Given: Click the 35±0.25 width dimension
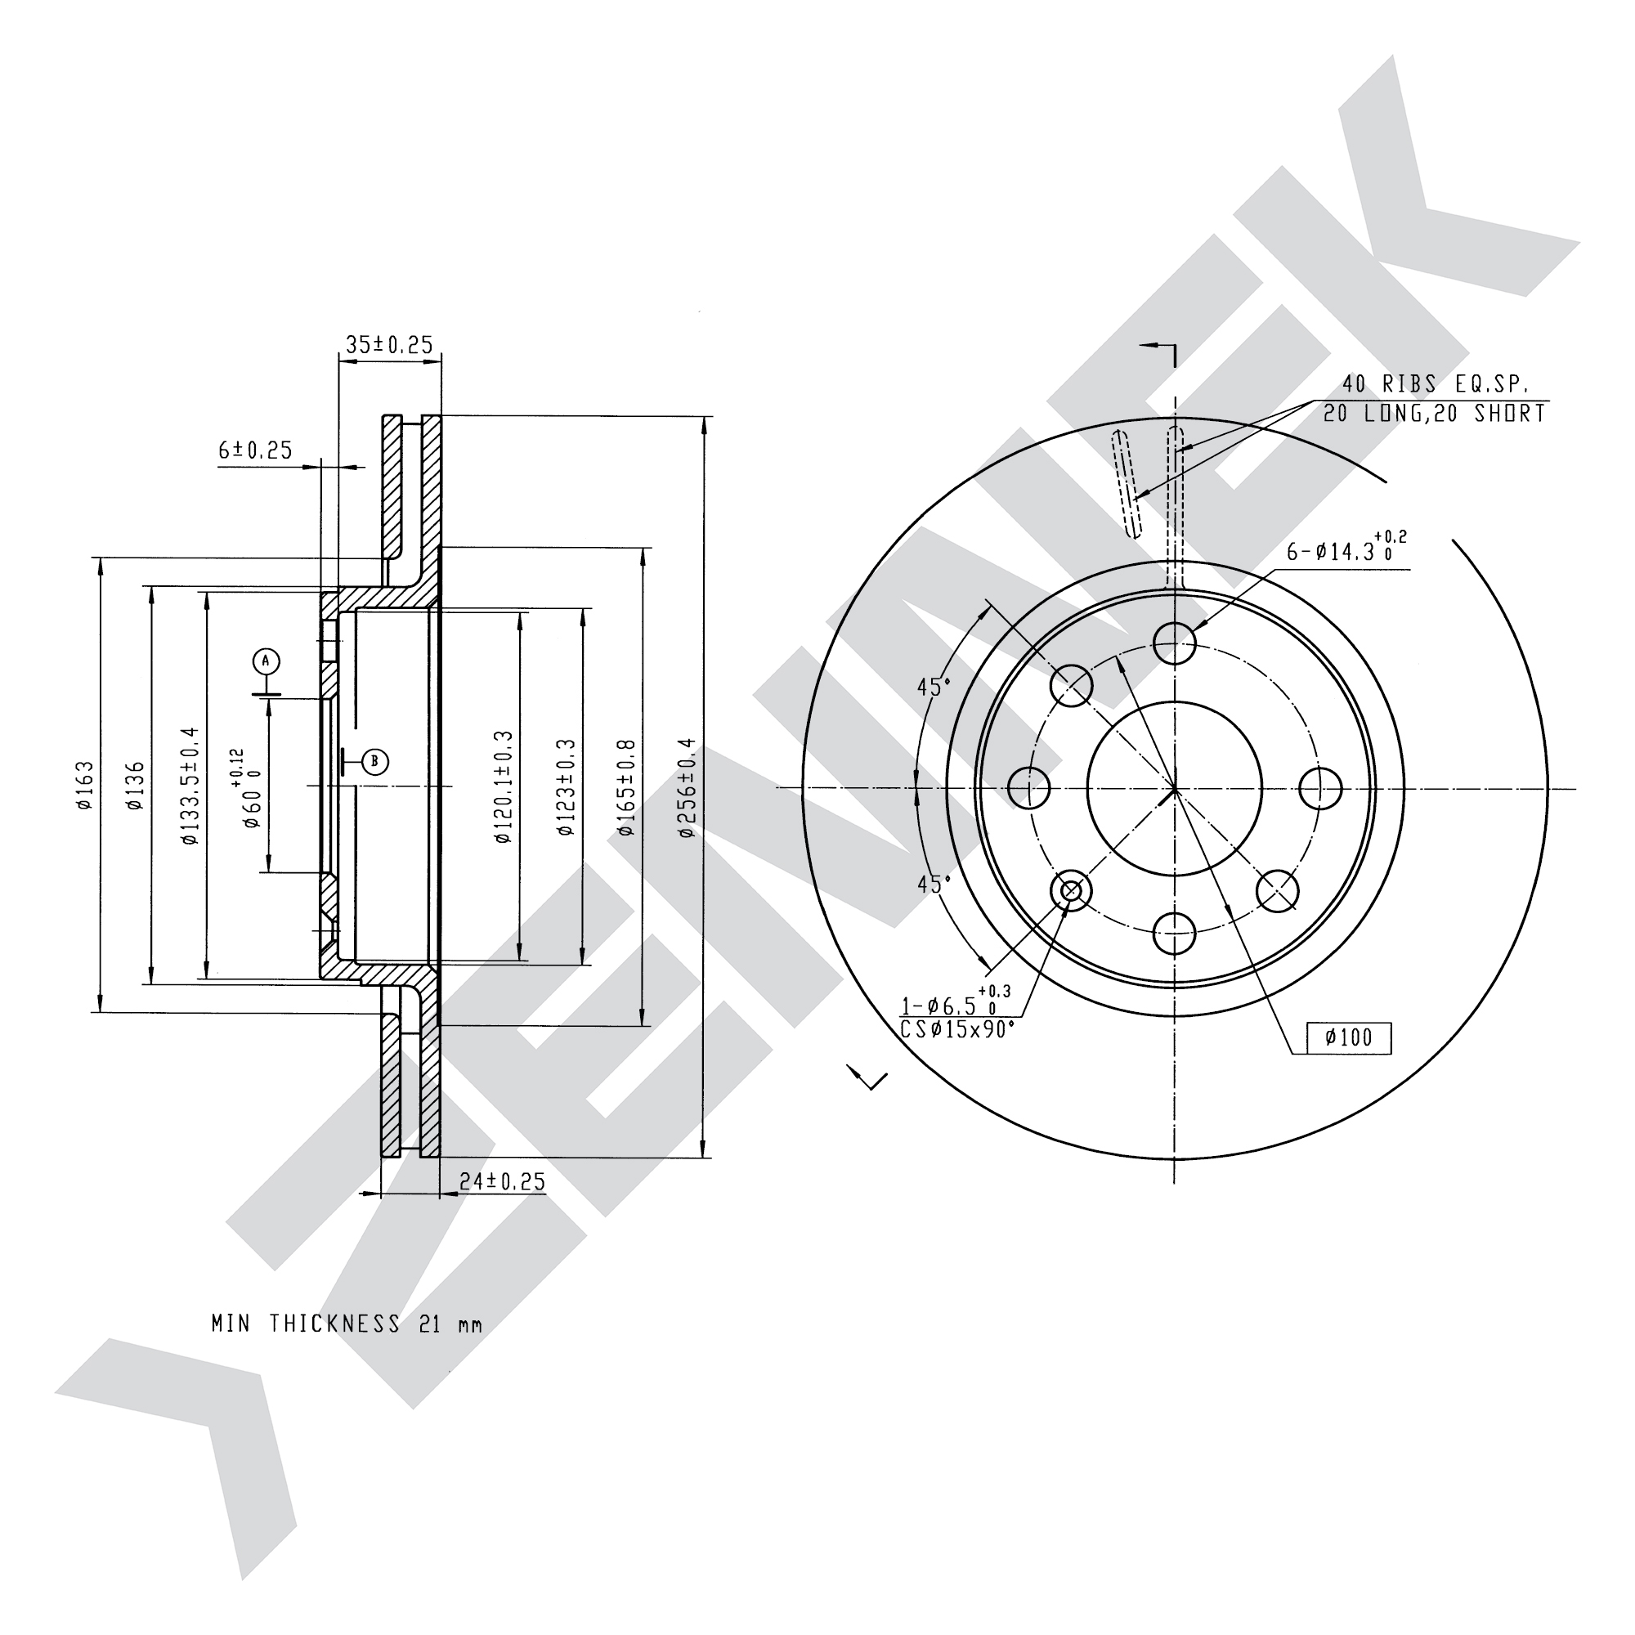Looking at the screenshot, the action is (389, 344).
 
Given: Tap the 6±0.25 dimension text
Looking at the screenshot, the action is (255, 450).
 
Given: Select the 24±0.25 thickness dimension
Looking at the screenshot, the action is (502, 1181).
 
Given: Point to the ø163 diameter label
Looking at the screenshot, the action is (85, 786).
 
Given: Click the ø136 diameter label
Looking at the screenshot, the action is (136, 786).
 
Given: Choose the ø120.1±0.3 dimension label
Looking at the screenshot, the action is (503, 787).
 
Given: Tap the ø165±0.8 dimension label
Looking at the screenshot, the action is (625, 787).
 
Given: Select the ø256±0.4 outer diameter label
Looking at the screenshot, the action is (687, 787).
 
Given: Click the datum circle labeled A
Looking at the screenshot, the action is (266, 660).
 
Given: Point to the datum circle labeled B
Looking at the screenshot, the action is (376, 762).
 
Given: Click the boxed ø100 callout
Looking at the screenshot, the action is (1349, 1037).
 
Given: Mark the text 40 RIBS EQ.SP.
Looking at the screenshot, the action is (1436, 384).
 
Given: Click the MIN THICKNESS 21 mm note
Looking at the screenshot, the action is (347, 1324).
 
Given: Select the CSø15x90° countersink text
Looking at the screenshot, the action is (957, 1030).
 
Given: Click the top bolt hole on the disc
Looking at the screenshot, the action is (1175, 643).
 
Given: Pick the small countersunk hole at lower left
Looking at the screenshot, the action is (1071, 891).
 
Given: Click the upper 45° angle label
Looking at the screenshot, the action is (934, 687).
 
